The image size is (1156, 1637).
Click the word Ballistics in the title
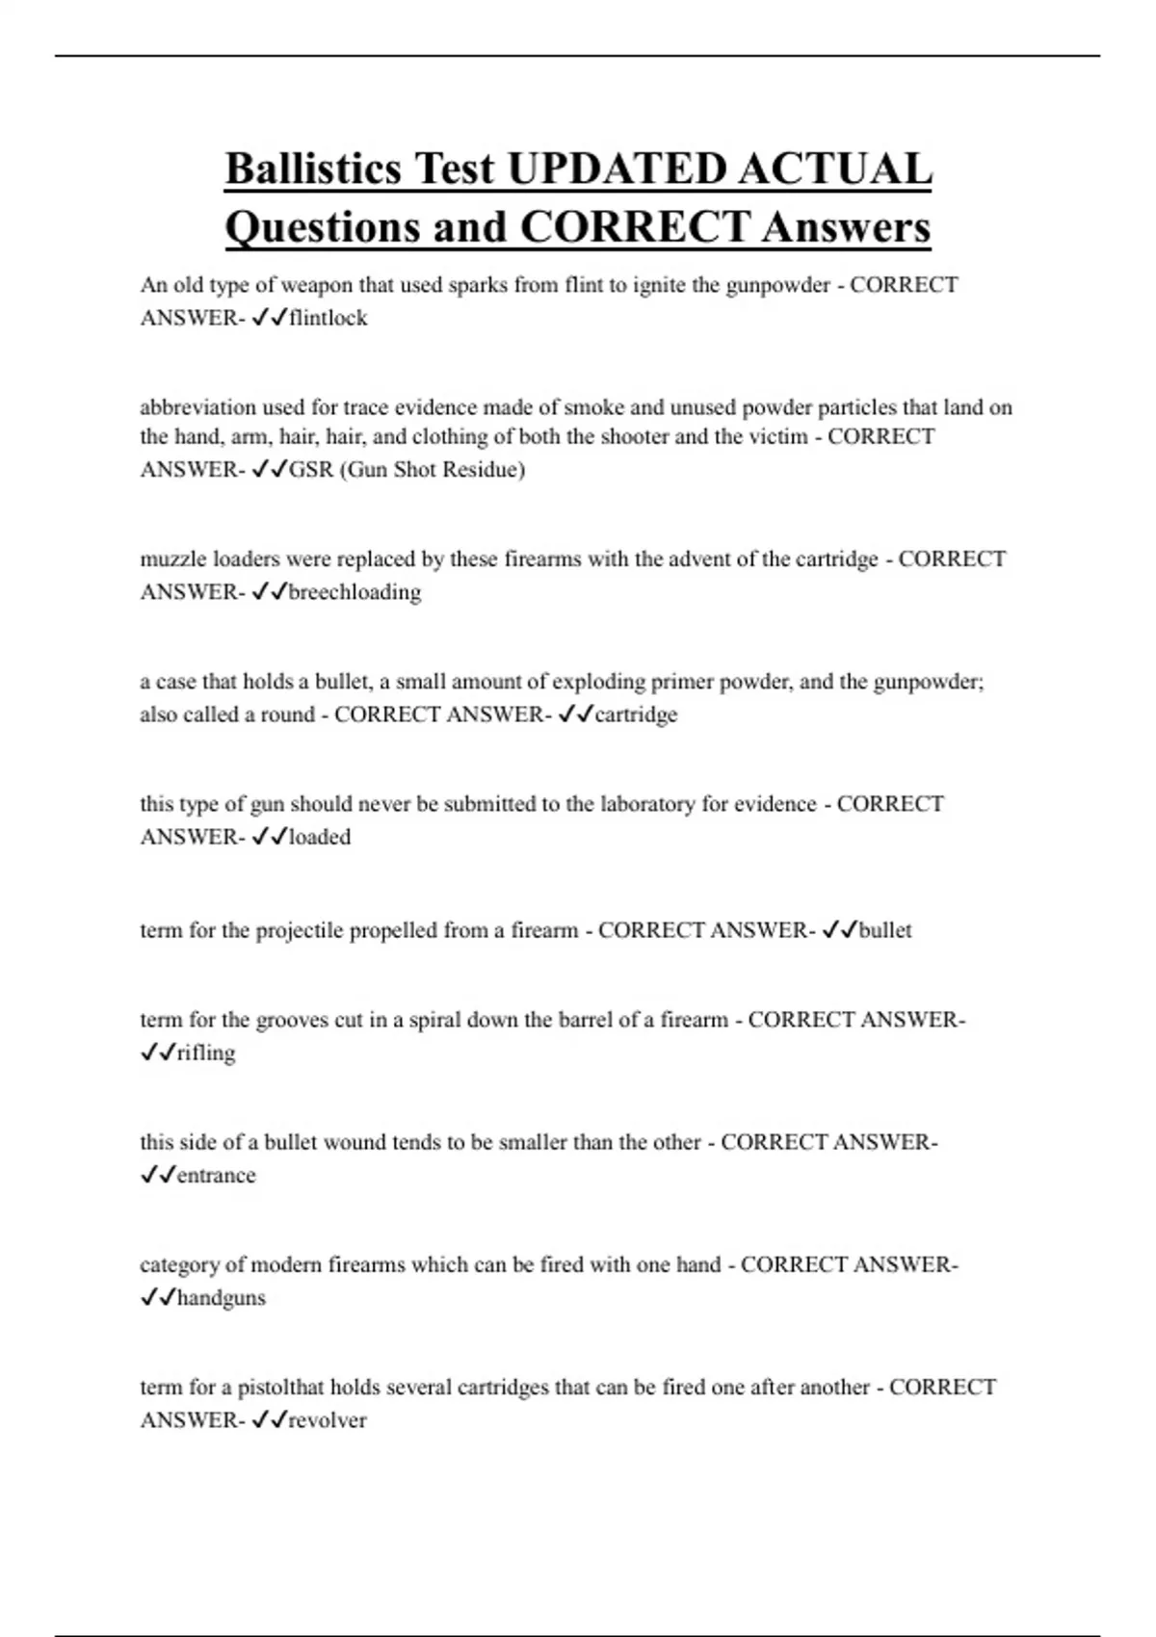312,169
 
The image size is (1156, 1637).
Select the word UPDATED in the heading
616,169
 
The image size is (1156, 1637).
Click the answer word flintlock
328,318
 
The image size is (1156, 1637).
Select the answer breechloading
355,592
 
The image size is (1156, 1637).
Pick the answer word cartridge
636,715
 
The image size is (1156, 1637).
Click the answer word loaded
320,837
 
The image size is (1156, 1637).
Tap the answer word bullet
885,930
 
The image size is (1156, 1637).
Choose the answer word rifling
206,1052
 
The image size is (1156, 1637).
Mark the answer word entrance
217,1175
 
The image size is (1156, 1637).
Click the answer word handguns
222,1297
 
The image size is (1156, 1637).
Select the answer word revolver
328,1420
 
